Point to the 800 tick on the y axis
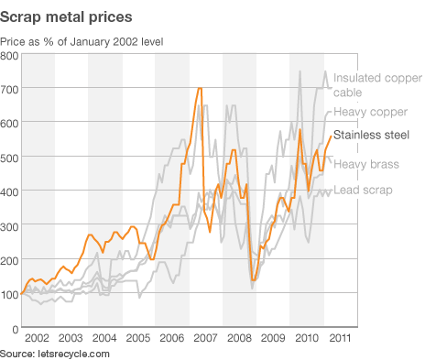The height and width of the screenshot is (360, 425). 10,56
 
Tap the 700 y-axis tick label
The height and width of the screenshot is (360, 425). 10,90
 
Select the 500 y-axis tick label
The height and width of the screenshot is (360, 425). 10,158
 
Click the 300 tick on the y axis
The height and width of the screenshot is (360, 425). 10,225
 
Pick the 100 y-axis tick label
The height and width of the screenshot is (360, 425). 10,293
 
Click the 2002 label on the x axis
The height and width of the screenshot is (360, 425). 38,339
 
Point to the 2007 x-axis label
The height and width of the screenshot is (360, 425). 206,339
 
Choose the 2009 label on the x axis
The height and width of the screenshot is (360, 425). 273,339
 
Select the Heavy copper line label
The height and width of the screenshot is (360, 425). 369,113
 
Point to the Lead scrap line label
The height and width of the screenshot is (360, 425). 363,190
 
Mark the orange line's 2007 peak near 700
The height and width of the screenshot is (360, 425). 199,89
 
